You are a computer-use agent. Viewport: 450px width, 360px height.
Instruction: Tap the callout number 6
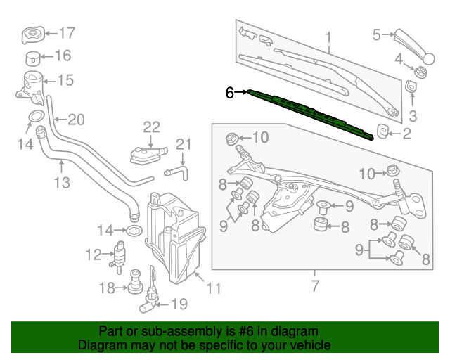pos(229,92)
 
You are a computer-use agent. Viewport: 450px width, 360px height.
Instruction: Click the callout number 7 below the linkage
pos(314,286)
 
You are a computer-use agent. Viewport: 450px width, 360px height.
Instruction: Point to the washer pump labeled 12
pos(120,255)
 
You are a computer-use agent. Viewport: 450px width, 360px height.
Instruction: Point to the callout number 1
pos(327,37)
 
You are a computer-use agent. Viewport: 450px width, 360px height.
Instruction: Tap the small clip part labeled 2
pos(385,131)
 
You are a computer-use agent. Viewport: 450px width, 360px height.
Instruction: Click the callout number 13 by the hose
pos(62,183)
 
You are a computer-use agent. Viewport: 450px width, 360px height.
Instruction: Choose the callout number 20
pos(76,120)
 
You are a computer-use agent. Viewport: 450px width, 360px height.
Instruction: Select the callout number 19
pos(179,304)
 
